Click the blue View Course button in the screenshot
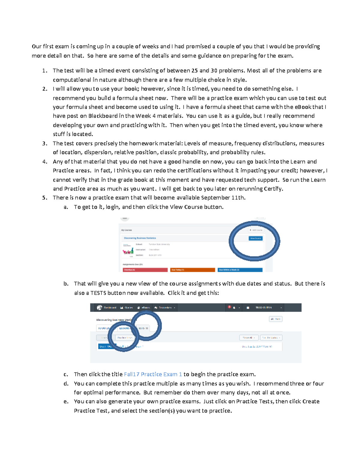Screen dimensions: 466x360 [256, 238]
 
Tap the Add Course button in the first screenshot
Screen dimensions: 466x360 [256, 230]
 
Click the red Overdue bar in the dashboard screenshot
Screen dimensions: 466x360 [145, 270]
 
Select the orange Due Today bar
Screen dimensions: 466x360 [192, 270]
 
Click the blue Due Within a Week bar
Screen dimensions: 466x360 [240, 270]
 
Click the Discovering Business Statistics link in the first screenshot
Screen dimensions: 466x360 [140, 238]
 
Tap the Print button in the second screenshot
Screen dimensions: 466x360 [275, 319]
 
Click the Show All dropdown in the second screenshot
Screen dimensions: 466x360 [249, 338]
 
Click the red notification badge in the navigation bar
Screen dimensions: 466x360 [229, 307]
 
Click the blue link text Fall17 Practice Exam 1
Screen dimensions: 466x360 [153, 374]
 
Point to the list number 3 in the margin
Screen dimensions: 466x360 [44, 143]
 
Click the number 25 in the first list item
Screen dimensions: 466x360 [194, 71]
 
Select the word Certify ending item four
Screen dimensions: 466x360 [273, 189]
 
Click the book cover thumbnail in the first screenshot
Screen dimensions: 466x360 [128, 251]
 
